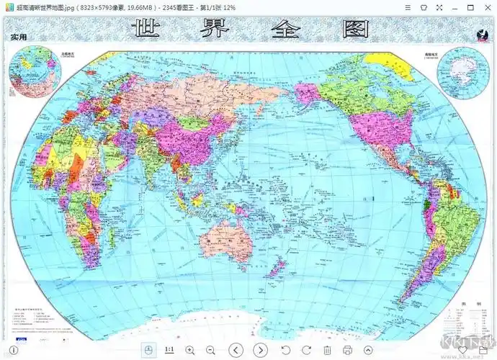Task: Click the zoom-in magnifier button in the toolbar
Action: (x=190, y=350)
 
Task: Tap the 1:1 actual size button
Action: (x=170, y=350)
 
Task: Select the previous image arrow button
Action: (x=236, y=350)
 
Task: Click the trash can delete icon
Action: (x=327, y=350)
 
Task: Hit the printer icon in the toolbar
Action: (x=347, y=350)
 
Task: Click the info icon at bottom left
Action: (x=10, y=351)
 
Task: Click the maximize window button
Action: (x=470, y=6)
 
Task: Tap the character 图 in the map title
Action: (x=353, y=30)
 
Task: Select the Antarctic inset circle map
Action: (x=462, y=70)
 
